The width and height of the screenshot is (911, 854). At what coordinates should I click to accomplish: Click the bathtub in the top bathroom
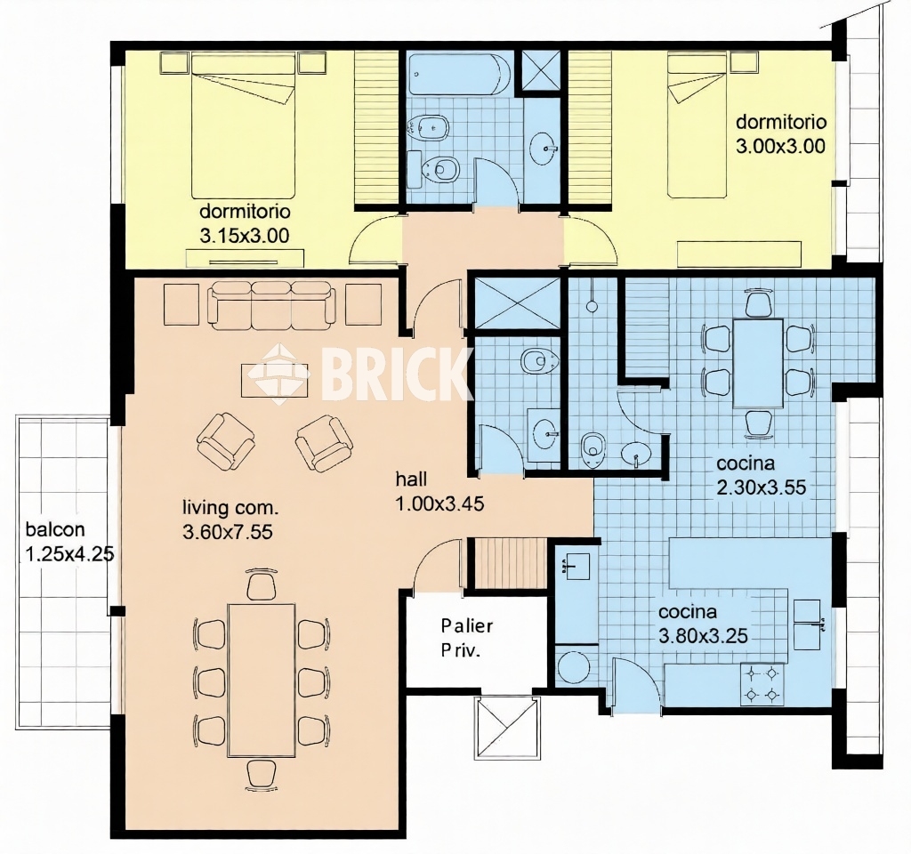(x=460, y=75)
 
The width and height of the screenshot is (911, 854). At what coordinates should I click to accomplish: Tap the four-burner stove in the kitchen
(x=762, y=684)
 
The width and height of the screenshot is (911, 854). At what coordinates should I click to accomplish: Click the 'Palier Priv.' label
(x=466, y=638)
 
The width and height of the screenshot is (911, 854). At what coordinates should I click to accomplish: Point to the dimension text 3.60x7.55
(x=228, y=532)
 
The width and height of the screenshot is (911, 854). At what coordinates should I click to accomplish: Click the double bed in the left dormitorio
(x=244, y=125)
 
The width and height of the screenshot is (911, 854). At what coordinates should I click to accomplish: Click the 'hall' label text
(x=411, y=479)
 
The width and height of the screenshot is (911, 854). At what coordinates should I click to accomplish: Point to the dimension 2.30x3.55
(x=762, y=487)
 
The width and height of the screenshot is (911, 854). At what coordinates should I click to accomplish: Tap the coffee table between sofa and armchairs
(x=274, y=381)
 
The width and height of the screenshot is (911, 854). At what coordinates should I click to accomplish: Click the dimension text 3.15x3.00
(x=245, y=236)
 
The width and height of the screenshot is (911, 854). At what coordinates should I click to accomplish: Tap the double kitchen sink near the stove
(x=806, y=624)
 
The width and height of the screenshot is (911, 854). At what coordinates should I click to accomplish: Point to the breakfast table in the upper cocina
(x=758, y=364)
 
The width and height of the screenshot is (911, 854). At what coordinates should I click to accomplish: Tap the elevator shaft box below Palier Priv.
(x=508, y=729)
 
